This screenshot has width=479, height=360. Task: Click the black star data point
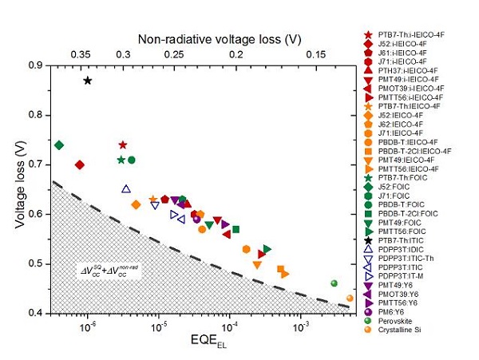pos(88,81)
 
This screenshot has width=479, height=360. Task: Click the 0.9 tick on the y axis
pos(38,65)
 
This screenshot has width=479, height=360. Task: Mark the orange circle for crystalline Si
pos(350,299)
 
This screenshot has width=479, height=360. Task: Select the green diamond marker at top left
pos(59,144)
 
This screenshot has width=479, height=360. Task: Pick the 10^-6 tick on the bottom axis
pos(88,326)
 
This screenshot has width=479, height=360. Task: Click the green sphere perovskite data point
pos(335,283)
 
